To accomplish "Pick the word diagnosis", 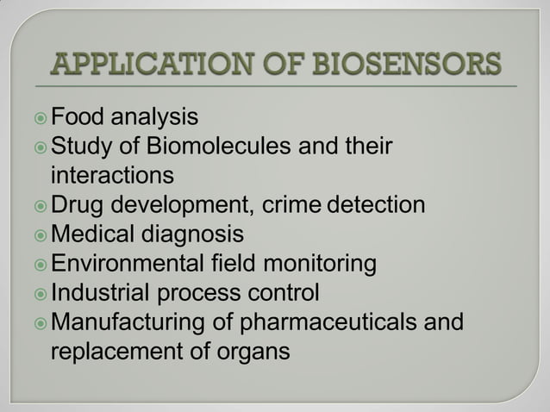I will pos(197,234).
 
